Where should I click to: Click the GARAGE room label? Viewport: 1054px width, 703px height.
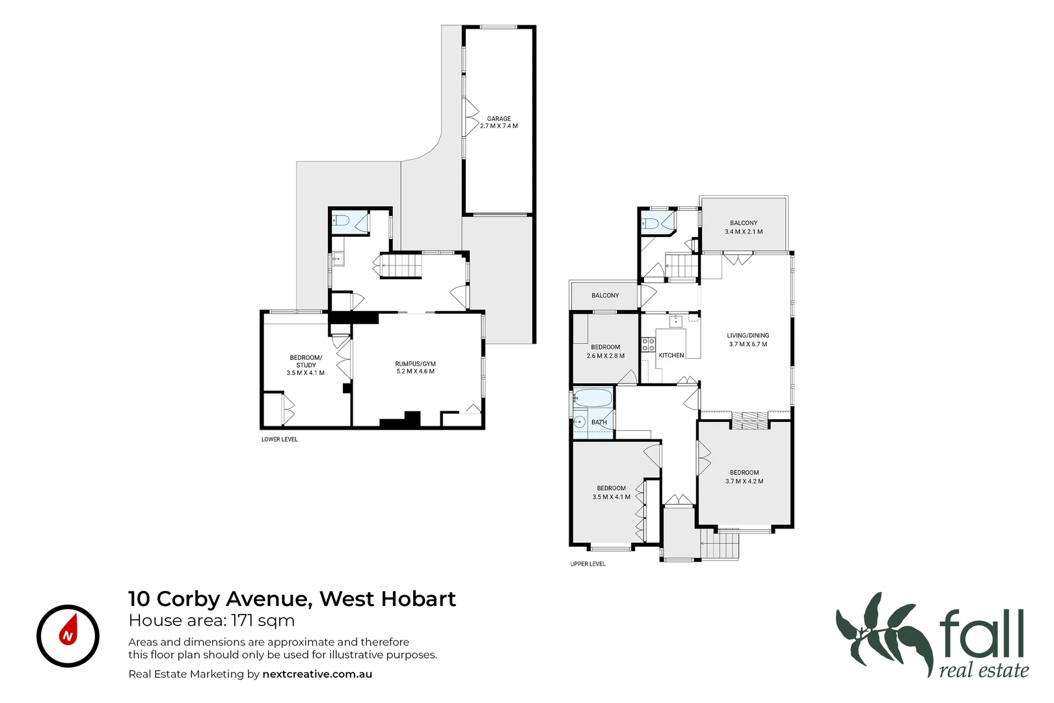[499, 119]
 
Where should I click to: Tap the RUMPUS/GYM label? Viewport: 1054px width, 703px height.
[415, 364]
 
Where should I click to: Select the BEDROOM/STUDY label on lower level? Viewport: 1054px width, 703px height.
[306, 361]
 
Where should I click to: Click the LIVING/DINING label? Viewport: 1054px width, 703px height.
[748, 336]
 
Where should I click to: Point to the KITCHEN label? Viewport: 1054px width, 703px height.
[671, 355]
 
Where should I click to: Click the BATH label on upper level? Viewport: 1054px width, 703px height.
[599, 422]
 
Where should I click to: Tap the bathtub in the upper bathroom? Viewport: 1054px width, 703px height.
[593, 398]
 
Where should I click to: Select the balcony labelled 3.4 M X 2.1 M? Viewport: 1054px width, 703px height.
[744, 227]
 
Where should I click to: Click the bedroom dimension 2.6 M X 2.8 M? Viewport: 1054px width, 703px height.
[605, 356]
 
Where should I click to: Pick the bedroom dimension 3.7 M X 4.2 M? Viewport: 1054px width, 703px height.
[744, 482]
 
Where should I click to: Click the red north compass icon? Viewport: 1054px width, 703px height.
[68, 636]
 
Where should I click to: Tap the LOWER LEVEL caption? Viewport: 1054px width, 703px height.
[279, 439]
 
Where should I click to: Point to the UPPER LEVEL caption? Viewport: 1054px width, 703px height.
[588, 564]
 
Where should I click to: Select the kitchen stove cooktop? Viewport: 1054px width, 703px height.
[648, 344]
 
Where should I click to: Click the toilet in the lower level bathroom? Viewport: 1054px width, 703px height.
[341, 221]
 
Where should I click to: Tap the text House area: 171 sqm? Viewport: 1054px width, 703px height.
[211, 620]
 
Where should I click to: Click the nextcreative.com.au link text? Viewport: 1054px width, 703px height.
[317, 674]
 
